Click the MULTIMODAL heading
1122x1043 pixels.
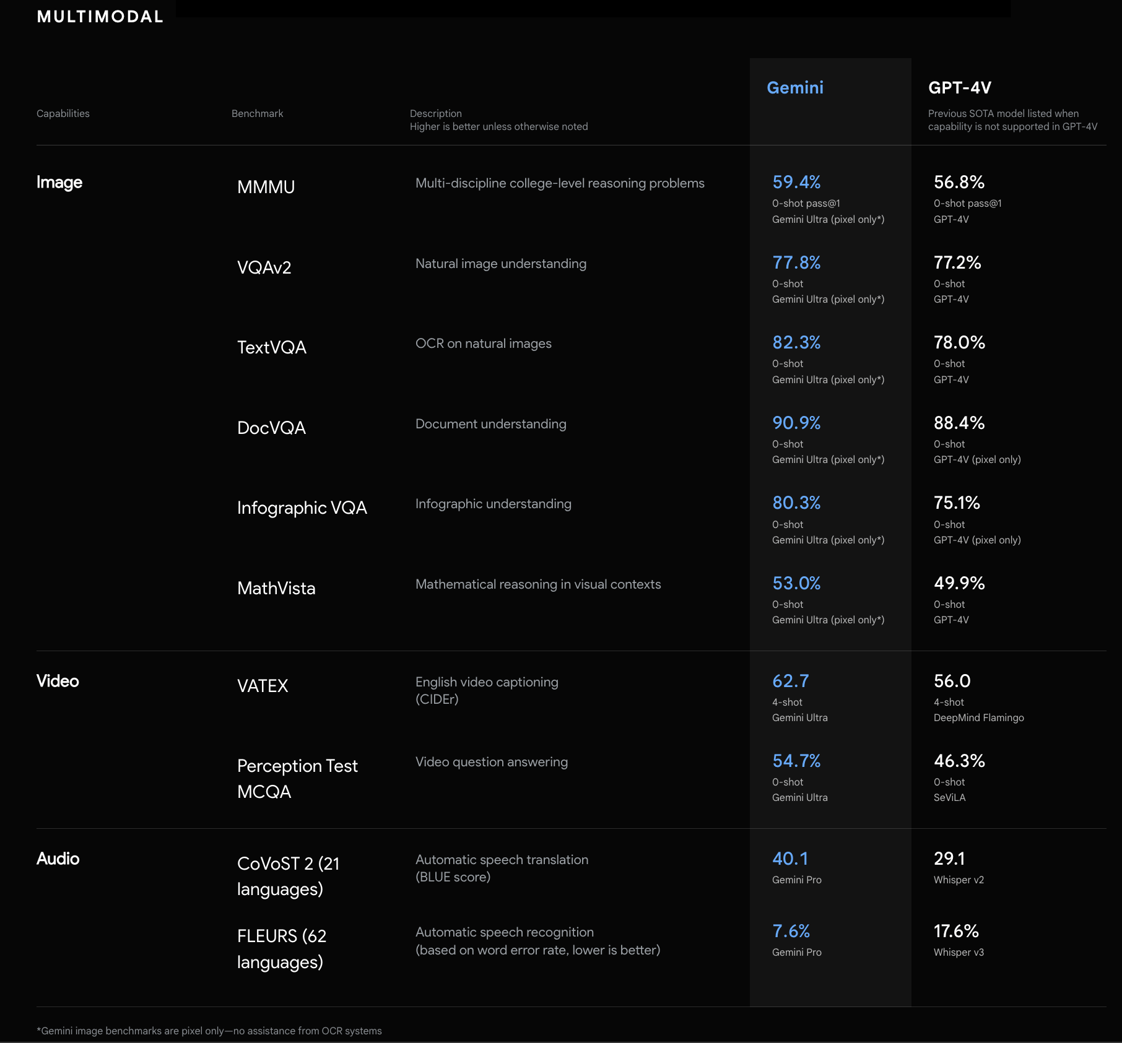100,17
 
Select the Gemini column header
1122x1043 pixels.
795,88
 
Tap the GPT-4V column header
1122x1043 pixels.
959,88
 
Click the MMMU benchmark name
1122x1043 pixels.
266,187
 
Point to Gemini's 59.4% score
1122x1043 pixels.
796,182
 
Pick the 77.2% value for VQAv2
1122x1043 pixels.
957,262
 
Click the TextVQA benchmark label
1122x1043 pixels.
272,347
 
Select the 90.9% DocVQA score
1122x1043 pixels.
796,423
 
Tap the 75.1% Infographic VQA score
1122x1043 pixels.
957,503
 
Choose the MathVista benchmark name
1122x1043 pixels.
276,588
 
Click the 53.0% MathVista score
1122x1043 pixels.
796,583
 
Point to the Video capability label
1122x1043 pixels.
58,681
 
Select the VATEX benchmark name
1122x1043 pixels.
263,686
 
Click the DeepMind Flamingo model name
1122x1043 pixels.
978,717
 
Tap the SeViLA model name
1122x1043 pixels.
949,797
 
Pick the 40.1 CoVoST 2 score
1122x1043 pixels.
790,859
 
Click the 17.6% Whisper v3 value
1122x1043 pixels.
956,931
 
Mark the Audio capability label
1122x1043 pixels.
58,859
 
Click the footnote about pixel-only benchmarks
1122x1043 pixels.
209,1031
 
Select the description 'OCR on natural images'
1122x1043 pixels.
483,344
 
